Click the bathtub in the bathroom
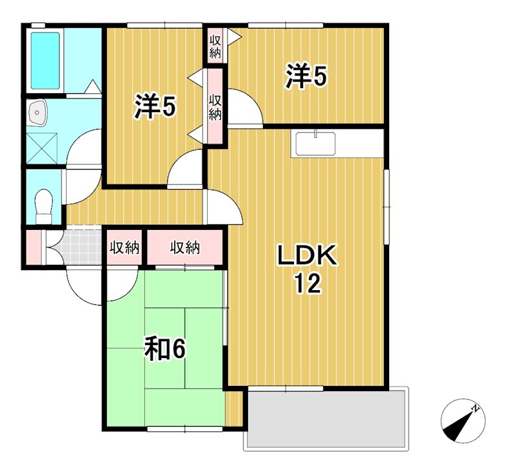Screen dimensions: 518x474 pos(45,61)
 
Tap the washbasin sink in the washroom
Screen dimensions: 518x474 pos(37,113)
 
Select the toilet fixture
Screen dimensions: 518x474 pos(43,205)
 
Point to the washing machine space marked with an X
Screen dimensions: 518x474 pos(42,148)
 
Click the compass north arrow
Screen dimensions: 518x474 pos(463,422)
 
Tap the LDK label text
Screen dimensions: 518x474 pos(307,255)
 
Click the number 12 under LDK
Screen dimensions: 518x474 pos(308,284)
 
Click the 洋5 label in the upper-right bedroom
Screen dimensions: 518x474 pos(306,77)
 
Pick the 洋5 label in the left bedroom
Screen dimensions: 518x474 pos(155,106)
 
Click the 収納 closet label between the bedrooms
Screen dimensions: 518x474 pos(215,107)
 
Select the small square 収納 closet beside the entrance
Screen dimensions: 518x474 pos(124,247)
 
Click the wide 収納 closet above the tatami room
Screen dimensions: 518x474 pos(185,247)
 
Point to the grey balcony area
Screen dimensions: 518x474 pos(326,418)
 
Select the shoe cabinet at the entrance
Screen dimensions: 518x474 pos(34,247)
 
